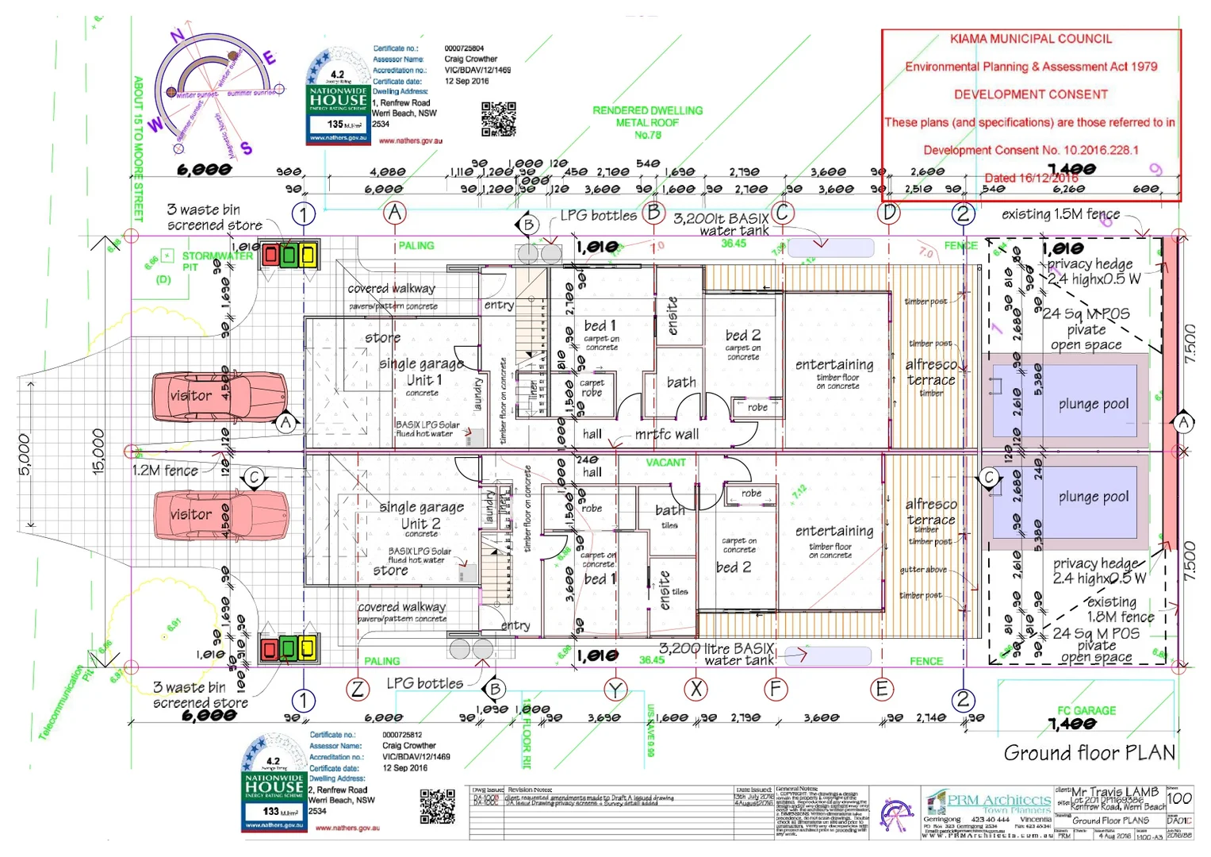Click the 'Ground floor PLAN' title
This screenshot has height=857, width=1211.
(1089, 752)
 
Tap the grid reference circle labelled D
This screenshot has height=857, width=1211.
(889, 213)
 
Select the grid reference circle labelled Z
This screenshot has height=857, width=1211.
(358, 689)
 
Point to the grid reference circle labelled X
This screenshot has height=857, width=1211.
(696, 689)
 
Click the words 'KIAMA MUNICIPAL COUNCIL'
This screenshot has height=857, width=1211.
(1031, 39)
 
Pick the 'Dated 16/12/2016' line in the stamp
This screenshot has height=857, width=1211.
(1031, 178)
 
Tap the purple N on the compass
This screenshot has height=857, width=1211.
(178, 35)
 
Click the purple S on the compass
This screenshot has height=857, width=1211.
(246, 148)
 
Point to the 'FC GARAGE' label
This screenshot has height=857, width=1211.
(1086, 710)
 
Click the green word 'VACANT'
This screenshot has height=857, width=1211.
(665, 463)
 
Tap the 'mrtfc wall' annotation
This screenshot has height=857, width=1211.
(666, 434)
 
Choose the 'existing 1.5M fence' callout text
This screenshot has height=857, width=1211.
(1060, 214)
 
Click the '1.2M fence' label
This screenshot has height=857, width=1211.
(165, 471)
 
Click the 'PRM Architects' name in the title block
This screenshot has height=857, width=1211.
(998, 800)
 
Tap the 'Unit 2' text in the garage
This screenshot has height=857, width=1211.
(420, 524)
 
